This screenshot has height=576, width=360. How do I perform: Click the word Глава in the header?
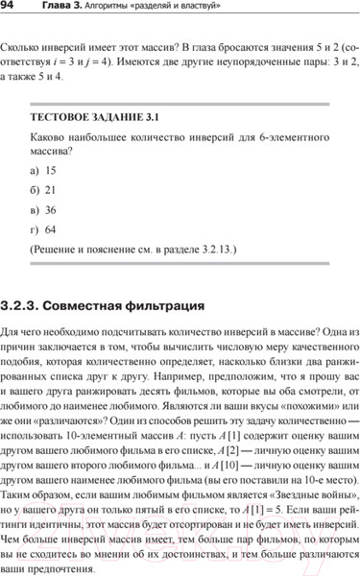pyautogui.click(x=63, y=9)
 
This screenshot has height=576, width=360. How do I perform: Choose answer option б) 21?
pyautogui.click(x=43, y=189)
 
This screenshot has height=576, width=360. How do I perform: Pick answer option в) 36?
pyautogui.click(x=43, y=209)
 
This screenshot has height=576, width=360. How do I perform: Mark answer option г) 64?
pyautogui.click(x=43, y=228)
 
